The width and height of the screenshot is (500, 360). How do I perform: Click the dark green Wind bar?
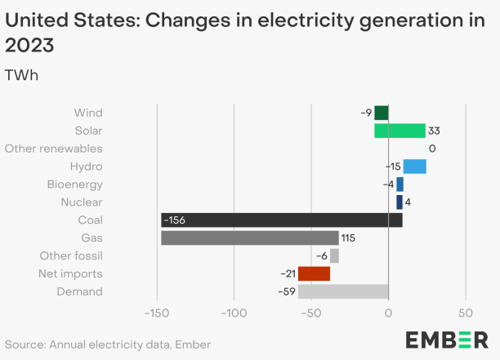pyautogui.click(x=382, y=113)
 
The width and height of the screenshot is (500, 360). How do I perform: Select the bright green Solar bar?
pyautogui.click(x=400, y=131)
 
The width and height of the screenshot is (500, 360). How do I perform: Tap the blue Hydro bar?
pyautogui.click(x=414, y=167)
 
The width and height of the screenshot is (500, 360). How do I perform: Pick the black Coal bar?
pyautogui.click(x=281, y=220)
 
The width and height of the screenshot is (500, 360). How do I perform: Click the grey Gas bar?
pyautogui.click(x=249, y=238)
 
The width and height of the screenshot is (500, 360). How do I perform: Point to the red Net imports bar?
pyautogui.click(x=314, y=273)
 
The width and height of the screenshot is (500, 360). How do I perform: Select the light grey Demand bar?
pyautogui.click(x=342, y=291)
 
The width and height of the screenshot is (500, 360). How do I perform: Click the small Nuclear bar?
pyautogui.click(x=400, y=202)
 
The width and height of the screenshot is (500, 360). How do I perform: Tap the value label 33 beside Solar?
pyautogui.click(x=435, y=131)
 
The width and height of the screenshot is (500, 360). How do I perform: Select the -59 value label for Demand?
pyautogui.click(x=288, y=291)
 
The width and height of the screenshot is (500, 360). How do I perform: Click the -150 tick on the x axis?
pyautogui.click(x=156, y=313)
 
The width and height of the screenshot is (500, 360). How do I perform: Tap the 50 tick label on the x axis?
pyautogui.click(x=466, y=313)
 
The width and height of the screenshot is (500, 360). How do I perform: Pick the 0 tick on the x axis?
pyautogui.click(x=388, y=313)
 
